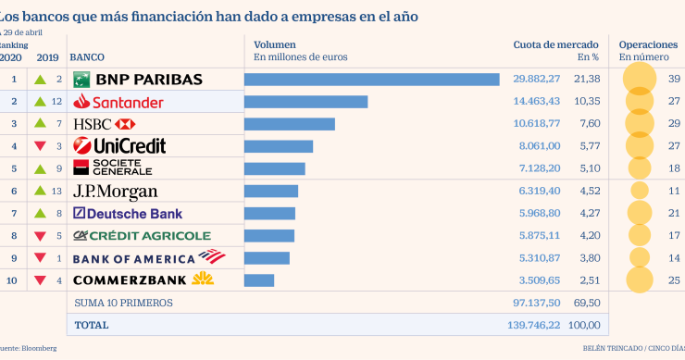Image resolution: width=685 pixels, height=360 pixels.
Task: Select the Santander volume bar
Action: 305,102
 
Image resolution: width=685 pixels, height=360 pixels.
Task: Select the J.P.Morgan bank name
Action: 115,192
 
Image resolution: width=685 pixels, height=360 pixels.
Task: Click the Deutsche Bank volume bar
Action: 269,214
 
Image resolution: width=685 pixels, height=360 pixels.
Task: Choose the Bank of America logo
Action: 148,257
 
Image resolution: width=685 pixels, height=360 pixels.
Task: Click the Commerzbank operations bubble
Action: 637,279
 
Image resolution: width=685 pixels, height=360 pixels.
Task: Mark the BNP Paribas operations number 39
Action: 674,80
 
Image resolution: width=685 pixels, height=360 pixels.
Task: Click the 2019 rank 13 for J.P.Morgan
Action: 57,191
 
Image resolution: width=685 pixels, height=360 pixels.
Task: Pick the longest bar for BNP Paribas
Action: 371,80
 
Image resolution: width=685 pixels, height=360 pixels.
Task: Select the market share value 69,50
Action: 585,303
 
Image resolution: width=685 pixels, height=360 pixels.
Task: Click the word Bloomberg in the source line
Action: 37,348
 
